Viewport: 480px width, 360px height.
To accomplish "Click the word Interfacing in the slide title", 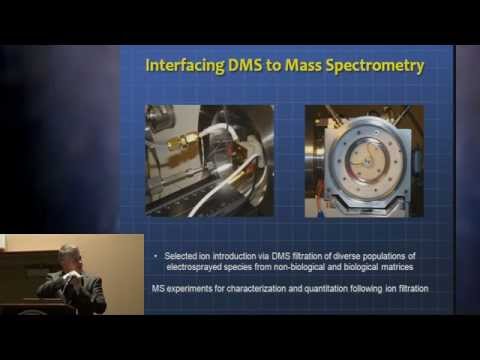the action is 185,65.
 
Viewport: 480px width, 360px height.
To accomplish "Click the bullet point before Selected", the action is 156,256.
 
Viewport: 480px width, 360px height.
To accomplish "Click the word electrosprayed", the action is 194,267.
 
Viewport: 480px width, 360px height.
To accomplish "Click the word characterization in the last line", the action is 256,288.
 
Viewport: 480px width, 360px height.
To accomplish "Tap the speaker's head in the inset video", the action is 68,257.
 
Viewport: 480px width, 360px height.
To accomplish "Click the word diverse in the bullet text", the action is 342,256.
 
